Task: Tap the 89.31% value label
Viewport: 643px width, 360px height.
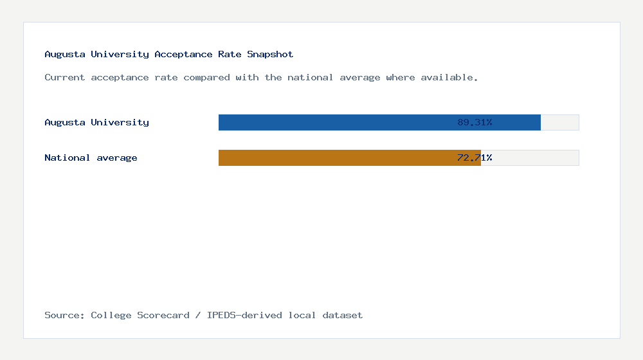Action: pyautogui.click(x=475, y=122)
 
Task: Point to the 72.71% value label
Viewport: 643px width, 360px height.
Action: pyautogui.click(x=475, y=157)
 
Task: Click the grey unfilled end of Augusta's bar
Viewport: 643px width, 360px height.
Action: pyautogui.click(x=559, y=122)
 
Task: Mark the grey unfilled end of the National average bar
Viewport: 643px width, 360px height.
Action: pyautogui.click(x=530, y=157)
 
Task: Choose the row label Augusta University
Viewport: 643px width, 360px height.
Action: pyautogui.click(x=96, y=122)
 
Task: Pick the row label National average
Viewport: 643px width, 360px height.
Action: pyautogui.click(x=91, y=157)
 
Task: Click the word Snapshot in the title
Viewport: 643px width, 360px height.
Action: pyautogui.click(x=270, y=55)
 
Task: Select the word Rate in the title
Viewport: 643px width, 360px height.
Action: pyautogui.click(x=230, y=55)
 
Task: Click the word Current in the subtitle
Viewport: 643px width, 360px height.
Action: pyautogui.click(x=64, y=77)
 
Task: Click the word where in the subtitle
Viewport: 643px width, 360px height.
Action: pyautogui.click(x=400, y=77)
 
